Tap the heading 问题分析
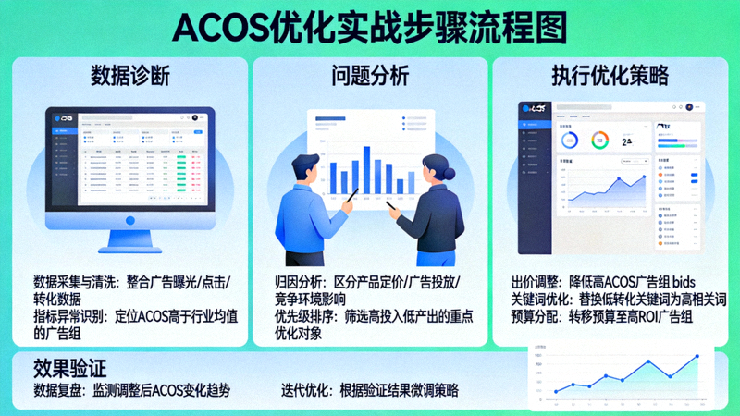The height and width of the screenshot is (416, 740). click(x=370, y=76)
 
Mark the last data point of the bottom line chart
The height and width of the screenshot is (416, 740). click(x=697, y=356)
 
